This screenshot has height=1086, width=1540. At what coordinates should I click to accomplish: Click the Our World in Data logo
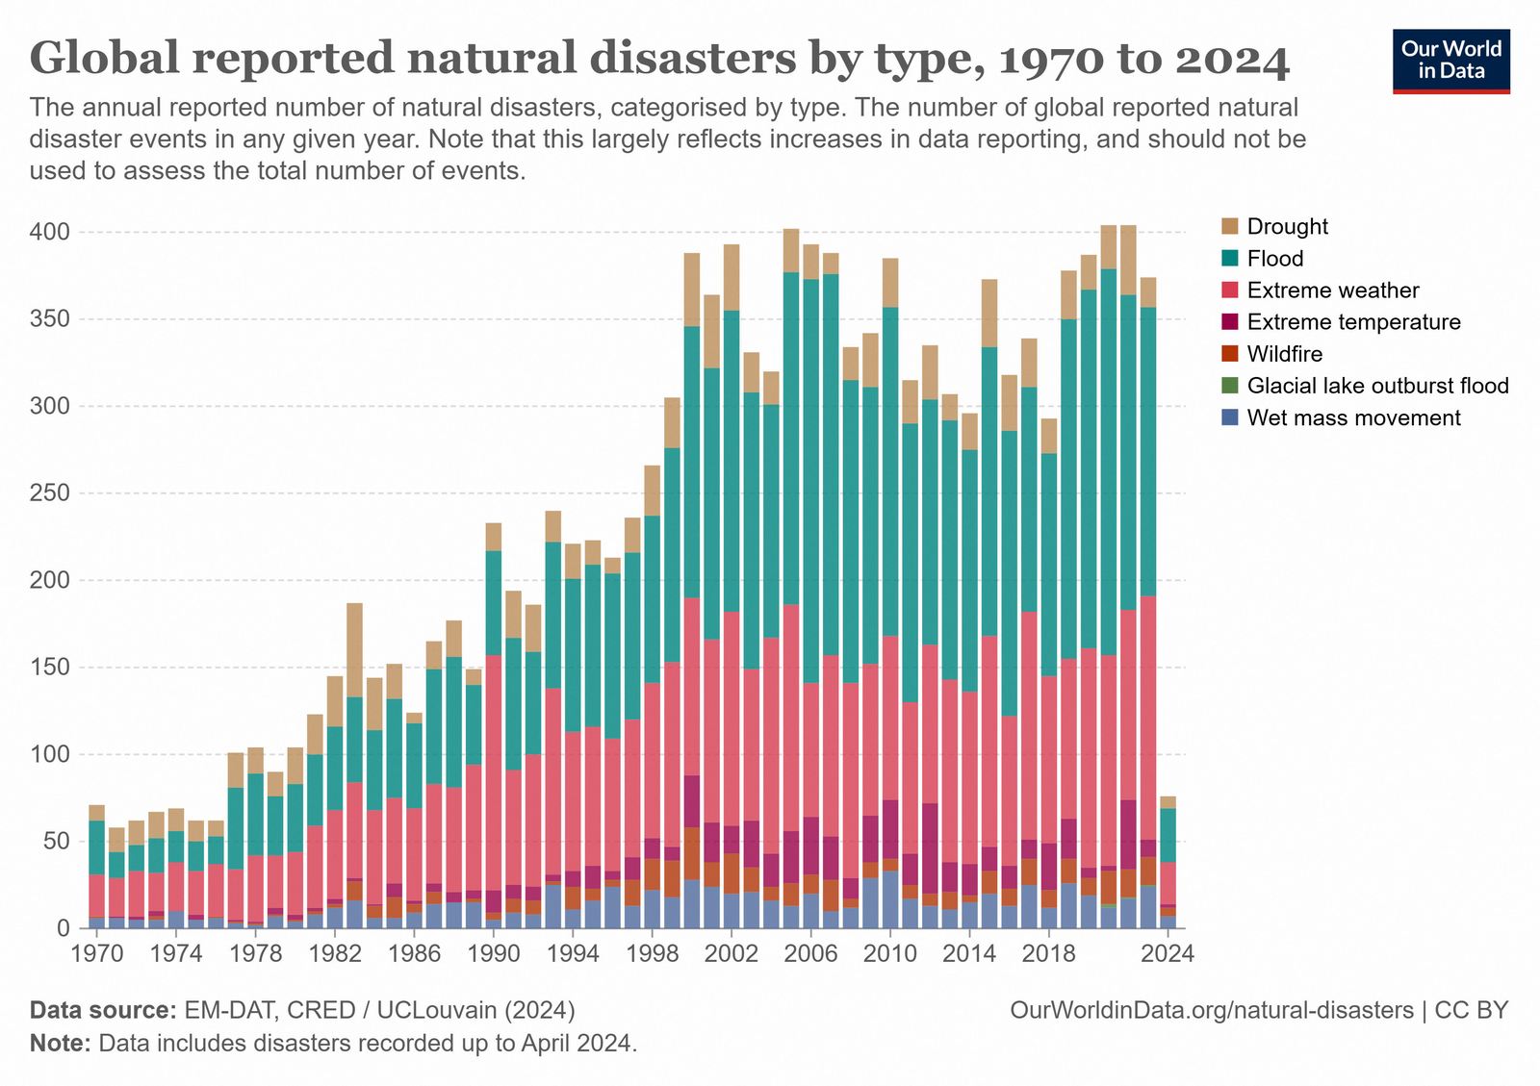(x=1450, y=61)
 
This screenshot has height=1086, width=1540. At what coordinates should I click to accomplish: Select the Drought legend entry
(x=1286, y=227)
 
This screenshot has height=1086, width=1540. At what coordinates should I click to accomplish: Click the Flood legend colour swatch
(x=1230, y=259)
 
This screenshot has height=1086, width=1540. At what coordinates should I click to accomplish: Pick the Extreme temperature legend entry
(x=1352, y=322)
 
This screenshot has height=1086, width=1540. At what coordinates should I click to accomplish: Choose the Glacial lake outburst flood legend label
(x=1377, y=386)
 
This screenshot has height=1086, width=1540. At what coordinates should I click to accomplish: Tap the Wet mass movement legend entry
(x=1352, y=417)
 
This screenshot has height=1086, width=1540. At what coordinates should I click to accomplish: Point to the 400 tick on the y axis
(x=49, y=232)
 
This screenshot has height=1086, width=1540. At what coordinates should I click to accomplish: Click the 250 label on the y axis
(x=49, y=493)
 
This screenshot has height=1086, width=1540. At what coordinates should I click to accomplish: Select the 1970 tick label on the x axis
(x=97, y=954)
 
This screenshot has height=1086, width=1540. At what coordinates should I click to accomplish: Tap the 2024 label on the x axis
(x=1168, y=954)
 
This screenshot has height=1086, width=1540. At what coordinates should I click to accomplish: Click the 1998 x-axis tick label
(x=652, y=954)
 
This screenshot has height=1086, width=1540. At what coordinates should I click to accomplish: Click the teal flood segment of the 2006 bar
(x=811, y=481)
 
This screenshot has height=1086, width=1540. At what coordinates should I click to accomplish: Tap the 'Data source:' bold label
(x=102, y=1011)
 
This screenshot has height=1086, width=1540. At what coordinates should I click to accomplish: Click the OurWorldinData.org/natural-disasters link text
(x=1211, y=1011)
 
